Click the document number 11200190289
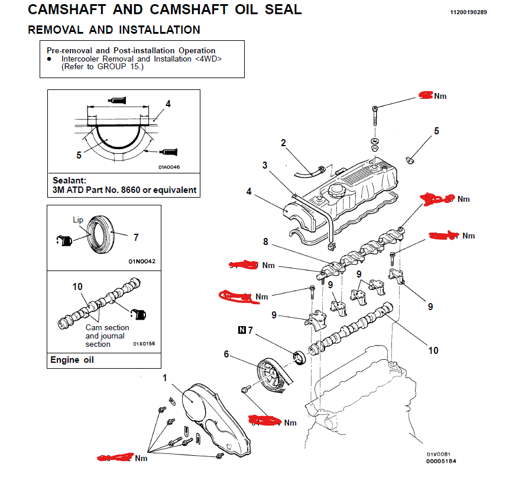[468, 12]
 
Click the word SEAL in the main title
[277, 9]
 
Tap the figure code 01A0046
[168, 167]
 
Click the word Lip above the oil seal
[78, 219]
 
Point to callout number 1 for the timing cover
[165, 377]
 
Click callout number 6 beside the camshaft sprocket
[226, 354]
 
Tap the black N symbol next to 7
[242, 330]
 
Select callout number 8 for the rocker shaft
[265, 241]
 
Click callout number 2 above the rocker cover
[283, 143]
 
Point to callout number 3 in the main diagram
[265, 165]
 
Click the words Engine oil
[72, 360]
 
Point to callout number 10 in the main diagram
[433, 350]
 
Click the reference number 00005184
[440, 461]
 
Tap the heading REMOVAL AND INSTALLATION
[114, 30]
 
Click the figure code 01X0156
[144, 343]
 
